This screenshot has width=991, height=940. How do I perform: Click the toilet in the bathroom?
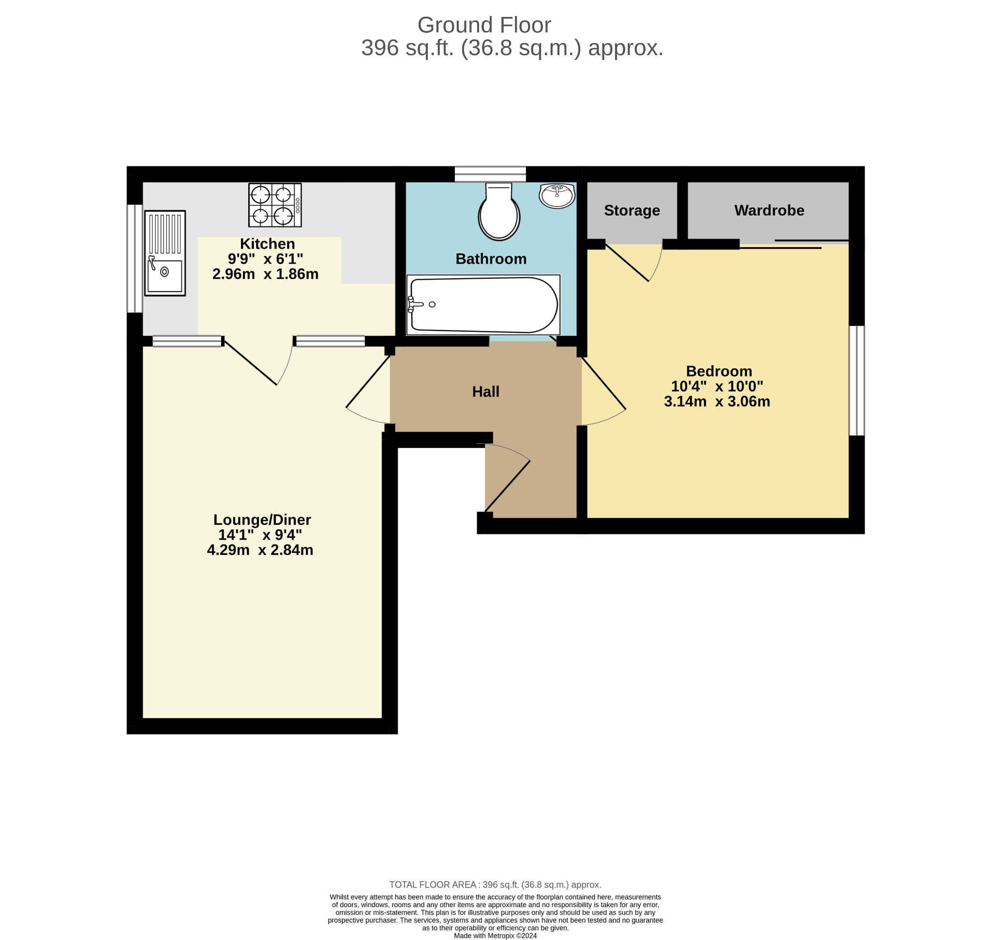[x=499, y=211]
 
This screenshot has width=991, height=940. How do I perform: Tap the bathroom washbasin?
[x=557, y=195]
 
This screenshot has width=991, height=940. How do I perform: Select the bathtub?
[x=483, y=305]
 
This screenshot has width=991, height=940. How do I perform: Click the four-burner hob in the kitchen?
[x=275, y=205]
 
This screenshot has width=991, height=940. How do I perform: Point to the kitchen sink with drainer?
[x=165, y=253]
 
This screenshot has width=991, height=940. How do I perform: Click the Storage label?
[x=631, y=210]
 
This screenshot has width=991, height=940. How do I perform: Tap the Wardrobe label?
[x=769, y=210]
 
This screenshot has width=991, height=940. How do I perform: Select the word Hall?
[x=485, y=391]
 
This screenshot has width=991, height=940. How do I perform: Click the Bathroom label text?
[x=491, y=258]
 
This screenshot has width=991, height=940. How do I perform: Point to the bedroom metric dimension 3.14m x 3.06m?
[x=717, y=402]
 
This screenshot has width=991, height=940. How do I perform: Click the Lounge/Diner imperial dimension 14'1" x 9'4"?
[x=260, y=535]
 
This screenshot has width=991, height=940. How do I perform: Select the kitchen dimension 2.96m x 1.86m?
[x=265, y=274]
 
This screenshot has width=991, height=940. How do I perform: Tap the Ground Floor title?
[x=484, y=25]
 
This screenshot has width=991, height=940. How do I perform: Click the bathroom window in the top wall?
[x=490, y=174]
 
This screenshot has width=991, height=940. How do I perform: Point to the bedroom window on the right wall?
[x=856, y=381]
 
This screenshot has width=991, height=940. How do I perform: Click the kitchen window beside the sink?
[x=135, y=258]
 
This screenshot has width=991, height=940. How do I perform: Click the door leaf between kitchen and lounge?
[x=250, y=363]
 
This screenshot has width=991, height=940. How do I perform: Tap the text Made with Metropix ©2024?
[x=495, y=936]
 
